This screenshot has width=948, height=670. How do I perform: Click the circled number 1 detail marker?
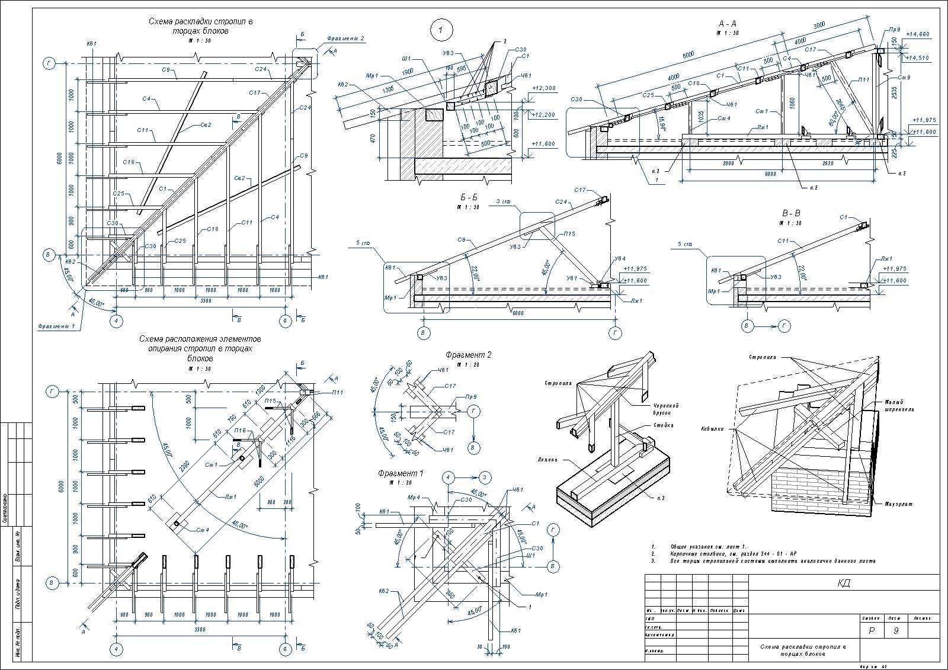coord(441,29)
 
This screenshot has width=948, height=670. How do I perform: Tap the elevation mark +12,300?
coord(544,88)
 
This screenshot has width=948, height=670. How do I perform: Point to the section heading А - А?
coord(728,24)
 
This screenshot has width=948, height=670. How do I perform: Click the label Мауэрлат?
coord(899,504)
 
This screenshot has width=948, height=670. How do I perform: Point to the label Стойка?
coord(663,425)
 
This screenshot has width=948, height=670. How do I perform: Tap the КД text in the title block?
coord(844,583)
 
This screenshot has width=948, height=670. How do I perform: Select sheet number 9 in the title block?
coord(896,631)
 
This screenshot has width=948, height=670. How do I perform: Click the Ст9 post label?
coord(904,78)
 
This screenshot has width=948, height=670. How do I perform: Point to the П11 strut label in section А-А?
coord(863,80)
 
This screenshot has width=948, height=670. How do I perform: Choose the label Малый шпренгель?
coord(899,406)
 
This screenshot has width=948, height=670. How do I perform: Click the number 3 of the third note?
coord(652,560)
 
